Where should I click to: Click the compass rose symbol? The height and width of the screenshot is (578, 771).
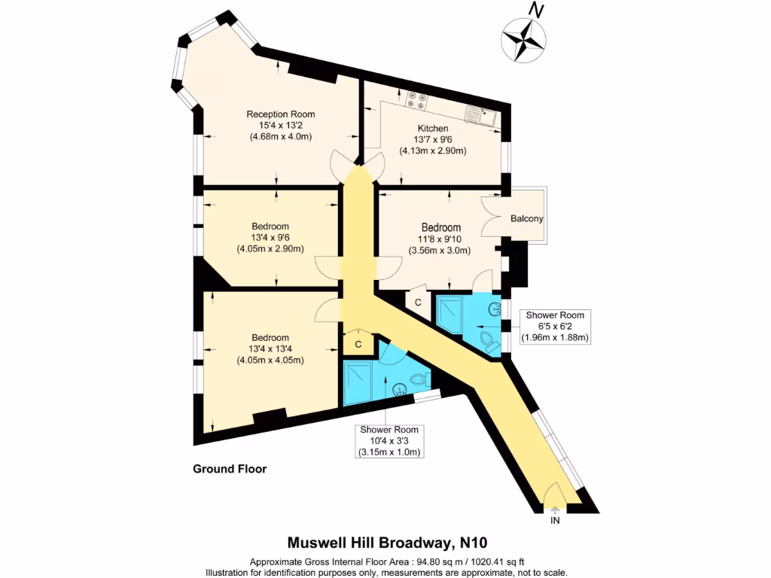coord(523,38)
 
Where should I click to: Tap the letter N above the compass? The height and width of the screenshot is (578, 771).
coord(536,10)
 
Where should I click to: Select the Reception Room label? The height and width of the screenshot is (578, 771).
coord(280,114)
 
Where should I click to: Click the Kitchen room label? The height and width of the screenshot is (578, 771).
coord(433,129)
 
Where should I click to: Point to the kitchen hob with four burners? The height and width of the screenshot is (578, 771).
coord(416,97)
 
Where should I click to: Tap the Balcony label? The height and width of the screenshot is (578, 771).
coord(526,219)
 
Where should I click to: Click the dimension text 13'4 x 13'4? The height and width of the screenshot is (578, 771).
coord(270,348)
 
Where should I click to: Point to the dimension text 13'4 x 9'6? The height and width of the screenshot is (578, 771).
coord(270,238)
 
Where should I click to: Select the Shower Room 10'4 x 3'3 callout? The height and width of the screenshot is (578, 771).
coord(389,440)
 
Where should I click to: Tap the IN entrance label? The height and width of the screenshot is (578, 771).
coord(556,521)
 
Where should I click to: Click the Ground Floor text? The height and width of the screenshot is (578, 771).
coord(230,469)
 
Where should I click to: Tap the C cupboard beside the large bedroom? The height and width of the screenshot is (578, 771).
coord(358,344)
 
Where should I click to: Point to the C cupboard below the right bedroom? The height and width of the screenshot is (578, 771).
coord(419,302)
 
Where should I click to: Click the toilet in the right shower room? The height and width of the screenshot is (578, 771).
coord(487,339)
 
